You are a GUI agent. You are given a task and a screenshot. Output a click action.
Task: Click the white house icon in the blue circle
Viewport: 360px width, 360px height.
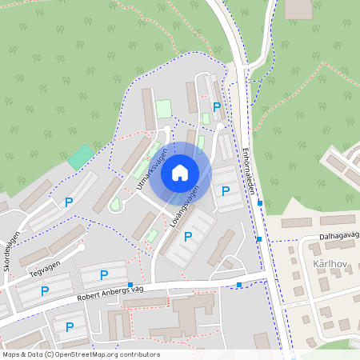[x=180, y=172]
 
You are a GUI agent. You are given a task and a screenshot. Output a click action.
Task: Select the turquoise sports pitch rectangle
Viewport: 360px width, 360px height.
[x=80, y=156]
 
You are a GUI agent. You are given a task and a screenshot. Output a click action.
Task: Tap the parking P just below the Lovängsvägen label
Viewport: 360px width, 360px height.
[x=188, y=236]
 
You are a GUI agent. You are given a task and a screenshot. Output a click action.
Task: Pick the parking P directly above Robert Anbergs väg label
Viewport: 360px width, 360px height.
[x=104, y=274]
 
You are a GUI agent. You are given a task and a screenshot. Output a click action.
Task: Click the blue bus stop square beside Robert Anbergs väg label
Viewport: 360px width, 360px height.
[x=130, y=296]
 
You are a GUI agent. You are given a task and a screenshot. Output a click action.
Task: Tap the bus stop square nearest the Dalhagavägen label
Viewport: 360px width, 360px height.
[x=259, y=238]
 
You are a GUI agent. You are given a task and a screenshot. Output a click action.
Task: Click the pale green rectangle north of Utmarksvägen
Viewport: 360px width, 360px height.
[x=163, y=108]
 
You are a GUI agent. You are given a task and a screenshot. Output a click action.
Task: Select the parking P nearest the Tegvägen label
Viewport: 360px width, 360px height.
[x=45, y=290]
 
